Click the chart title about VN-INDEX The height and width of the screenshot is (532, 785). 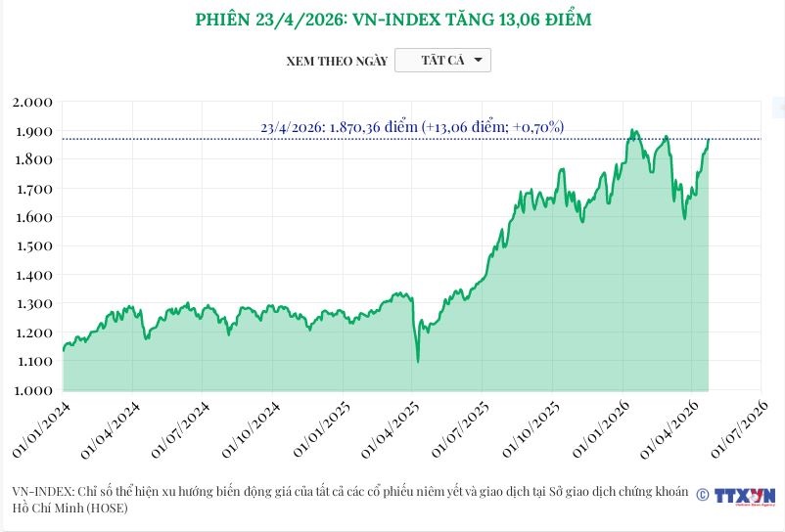click(x=392, y=20)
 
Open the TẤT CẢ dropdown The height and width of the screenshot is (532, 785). click(x=442, y=61)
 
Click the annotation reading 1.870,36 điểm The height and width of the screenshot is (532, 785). click(x=412, y=127)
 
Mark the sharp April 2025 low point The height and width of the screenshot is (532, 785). click(x=418, y=362)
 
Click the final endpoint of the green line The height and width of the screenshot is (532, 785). click(x=708, y=140)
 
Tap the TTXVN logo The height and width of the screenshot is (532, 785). click(x=745, y=496)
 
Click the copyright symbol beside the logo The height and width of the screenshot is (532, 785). click(x=702, y=496)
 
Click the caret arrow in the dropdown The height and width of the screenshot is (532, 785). click(x=478, y=61)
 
